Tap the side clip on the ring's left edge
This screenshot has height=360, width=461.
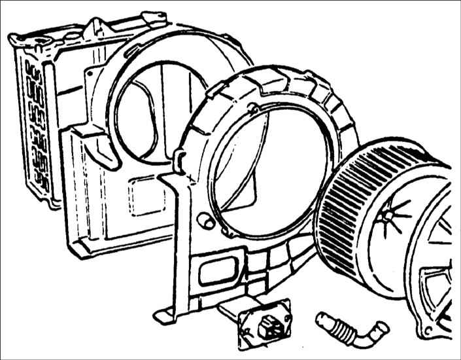tap(181, 155)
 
